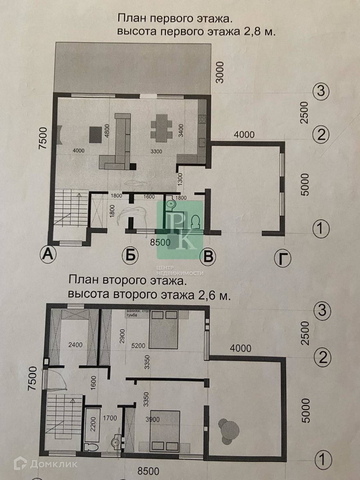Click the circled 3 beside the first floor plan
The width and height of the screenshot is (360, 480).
coord(321,91)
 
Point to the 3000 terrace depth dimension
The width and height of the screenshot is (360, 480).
coord(220,72)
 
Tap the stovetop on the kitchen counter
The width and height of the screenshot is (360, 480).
coord(202,119)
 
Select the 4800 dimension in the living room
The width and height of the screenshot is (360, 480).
coord(105,130)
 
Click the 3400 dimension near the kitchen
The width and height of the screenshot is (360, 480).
coord(181,130)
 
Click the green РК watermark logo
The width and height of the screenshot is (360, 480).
coord(180,230)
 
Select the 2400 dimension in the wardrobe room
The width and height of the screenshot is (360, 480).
coord(75,344)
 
